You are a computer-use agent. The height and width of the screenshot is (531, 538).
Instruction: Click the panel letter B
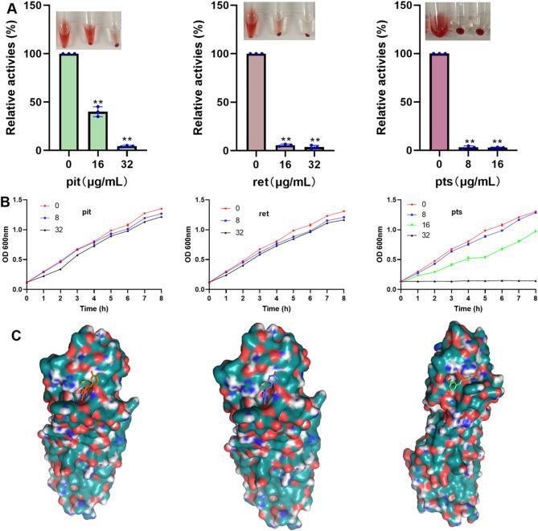tap(7, 193)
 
